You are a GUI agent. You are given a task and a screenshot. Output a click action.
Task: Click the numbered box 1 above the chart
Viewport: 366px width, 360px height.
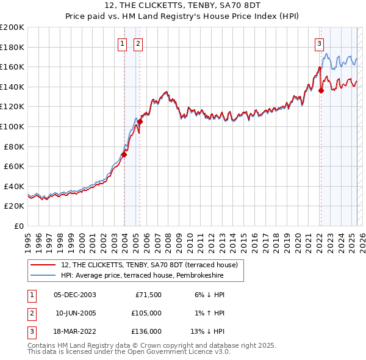pos(123,43)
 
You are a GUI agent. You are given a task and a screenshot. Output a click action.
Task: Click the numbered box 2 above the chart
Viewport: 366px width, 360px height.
pos(138,43)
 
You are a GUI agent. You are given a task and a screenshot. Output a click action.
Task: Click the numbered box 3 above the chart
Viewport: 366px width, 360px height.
pos(319,43)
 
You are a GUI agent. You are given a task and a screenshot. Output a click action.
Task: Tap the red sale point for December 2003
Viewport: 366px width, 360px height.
pos(124,154)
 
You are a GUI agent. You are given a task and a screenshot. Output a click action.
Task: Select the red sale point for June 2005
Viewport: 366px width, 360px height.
pos(140,121)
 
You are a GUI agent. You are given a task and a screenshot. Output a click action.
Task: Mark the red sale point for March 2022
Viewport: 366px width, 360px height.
pos(321,91)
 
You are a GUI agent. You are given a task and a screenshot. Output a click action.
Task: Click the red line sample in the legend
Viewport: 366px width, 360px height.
pos(43,265)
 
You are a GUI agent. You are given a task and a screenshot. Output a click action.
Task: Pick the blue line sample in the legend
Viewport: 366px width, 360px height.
pos(43,276)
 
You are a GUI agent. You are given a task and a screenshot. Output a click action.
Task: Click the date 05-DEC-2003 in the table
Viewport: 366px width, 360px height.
pos(75,295)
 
